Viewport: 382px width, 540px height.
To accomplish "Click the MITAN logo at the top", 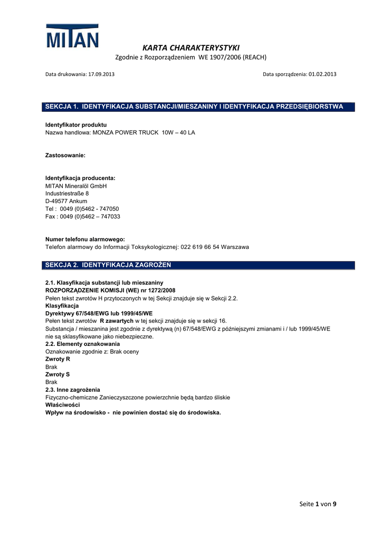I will point(72,36).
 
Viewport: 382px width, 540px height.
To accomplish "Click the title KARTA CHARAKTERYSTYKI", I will point(190,47).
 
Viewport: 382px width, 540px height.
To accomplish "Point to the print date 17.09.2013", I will point(101,74).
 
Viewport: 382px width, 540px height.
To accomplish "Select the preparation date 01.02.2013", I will point(322,74).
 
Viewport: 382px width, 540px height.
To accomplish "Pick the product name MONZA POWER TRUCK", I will point(126,132).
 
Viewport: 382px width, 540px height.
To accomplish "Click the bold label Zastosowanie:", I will point(65,156).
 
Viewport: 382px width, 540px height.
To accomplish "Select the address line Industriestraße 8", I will point(67,194).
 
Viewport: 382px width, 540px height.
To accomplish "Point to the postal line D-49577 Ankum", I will point(66,201).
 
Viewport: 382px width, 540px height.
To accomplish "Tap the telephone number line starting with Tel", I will point(82,209).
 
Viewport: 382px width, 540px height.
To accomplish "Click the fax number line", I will point(83,216).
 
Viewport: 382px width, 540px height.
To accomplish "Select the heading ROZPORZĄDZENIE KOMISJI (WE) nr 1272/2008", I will point(110,291).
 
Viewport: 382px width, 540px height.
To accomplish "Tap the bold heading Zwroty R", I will point(58,359).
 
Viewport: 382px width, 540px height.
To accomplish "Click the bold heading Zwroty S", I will point(58,374).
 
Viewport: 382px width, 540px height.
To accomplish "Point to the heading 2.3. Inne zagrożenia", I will point(73,390).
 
